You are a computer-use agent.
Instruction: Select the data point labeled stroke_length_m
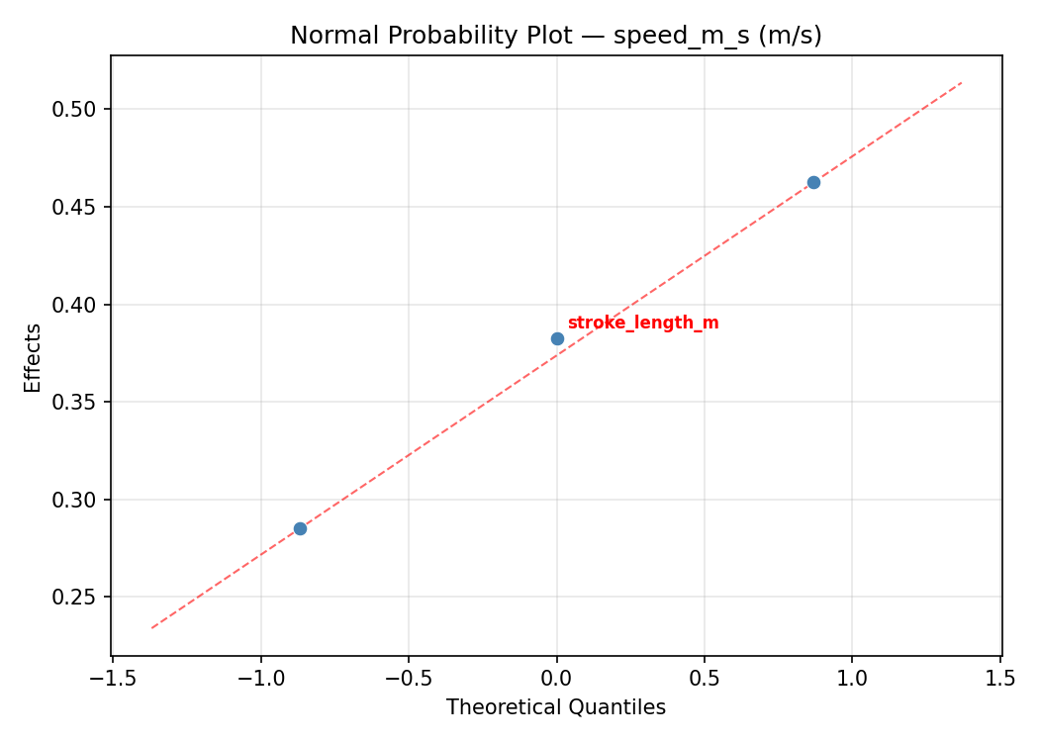tap(557, 338)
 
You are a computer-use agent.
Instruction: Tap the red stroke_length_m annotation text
tap(643, 324)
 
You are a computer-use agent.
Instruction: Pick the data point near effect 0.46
tap(813, 182)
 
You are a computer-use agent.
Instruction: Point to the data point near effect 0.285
tap(300, 528)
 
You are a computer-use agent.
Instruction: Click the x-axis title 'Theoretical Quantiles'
tap(555, 707)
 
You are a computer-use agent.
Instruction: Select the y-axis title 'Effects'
tap(34, 357)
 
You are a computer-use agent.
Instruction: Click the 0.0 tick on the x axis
tap(556, 678)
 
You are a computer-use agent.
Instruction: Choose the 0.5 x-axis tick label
tap(705, 678)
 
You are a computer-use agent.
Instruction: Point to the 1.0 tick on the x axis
tap(852, 678)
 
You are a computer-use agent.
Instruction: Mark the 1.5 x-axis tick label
tap(1000, 678)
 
